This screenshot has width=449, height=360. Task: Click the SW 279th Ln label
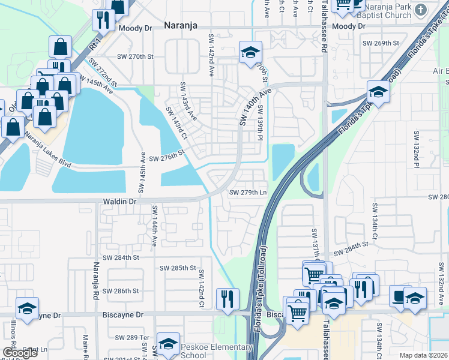click(x=248, y=193)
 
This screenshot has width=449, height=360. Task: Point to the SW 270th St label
click(x=137, y=56)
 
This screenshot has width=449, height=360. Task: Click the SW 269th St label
click(x=381, y=43)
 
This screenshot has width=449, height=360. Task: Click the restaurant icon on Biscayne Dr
click(x=228, y=299)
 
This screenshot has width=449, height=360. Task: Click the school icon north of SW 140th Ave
click(x=251, y=52)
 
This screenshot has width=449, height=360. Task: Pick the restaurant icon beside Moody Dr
click(x=103, y=20)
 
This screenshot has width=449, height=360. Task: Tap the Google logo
click(x=20, y=353)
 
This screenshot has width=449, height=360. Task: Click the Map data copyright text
click(x=424, y=356)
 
